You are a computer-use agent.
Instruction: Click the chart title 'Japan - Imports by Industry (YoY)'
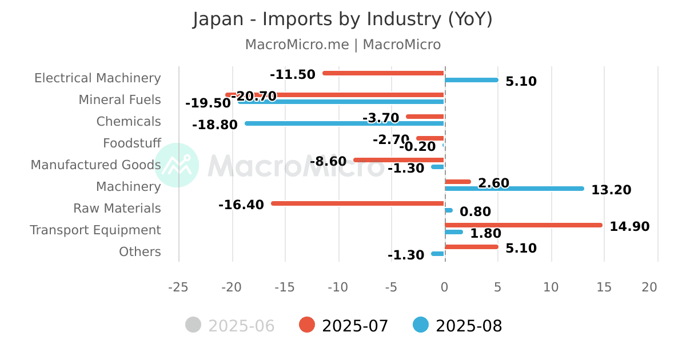[x=342, y=19]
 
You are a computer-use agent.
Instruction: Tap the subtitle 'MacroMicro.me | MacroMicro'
[x=342, y=45]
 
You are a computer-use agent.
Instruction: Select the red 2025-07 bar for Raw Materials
[x=358, y=203]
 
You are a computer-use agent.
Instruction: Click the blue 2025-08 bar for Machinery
[x=514, y=189]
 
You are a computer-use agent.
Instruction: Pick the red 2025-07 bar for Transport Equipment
[x=523, y=225]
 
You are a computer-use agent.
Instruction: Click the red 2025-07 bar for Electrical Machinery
[x=384, y=73]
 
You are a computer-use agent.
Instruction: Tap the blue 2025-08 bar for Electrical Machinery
[x=471, y=80]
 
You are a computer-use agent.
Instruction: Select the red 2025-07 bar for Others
[x=471, y=247]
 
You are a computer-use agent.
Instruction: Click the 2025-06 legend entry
[x=230, y=326]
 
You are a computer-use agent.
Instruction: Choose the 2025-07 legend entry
[x=344, y=326]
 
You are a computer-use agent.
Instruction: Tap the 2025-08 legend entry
[x=458, y=326]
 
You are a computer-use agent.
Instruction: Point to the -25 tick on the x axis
[x=178, y=287]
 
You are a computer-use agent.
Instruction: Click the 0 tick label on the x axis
[x=445, y=287]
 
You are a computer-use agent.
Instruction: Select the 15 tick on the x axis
[x=604, y=287]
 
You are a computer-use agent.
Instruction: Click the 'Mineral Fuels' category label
[x=119, y=100]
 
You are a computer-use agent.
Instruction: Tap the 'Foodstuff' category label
[x=132, y=143]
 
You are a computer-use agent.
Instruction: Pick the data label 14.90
[x=629, y=227]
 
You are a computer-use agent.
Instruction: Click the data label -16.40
[x=241, y=205]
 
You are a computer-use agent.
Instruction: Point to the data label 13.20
[x=611, y=190]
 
